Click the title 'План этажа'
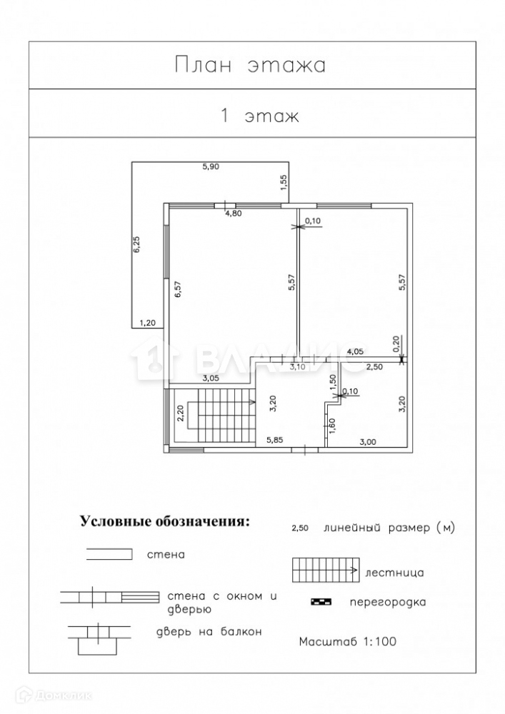tap(250, 66)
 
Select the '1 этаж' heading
tap(259, 116)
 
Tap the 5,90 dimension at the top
tap(211, 166)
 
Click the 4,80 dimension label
tap(234, 213)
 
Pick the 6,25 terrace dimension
tap(136, 245)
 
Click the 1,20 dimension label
tap(148, 323)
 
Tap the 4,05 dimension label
tap(356, 352)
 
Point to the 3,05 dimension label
tap(211, 378)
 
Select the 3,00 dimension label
tap(367, 442)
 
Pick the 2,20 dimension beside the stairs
tap(180, 414)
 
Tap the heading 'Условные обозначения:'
tap(165, 521)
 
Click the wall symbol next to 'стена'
tap(109, 554)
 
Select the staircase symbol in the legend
tap(324, 570)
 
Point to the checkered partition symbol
tap(321, 602)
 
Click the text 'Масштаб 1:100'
tap(347, 640)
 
